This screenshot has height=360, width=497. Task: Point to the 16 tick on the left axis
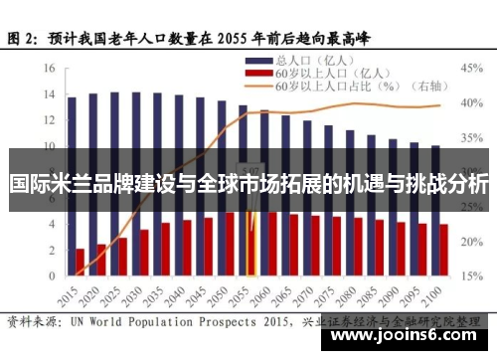(x=49, y=69)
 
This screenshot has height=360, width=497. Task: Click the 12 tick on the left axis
(x=49, y=120)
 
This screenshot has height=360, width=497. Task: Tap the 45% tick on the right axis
(x=470, y=69)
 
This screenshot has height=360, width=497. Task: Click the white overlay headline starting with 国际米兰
(x=248, y=185)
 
